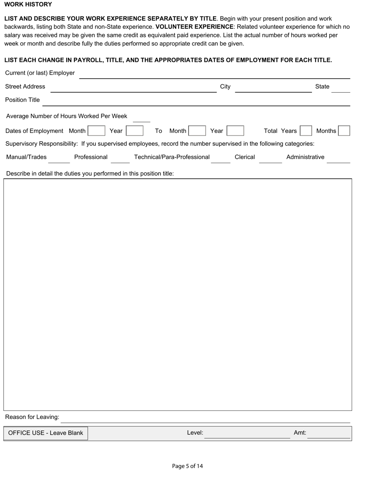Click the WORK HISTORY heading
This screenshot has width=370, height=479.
[x=28, y=4]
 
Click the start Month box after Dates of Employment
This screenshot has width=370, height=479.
[x=97, y=131]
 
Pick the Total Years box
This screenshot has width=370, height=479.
[x=306, y=131]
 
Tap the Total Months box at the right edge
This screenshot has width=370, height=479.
[x=344, y=131]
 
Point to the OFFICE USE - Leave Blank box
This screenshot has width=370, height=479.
[x=46, y=433]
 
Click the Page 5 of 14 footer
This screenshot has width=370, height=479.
[x=187, y=466]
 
